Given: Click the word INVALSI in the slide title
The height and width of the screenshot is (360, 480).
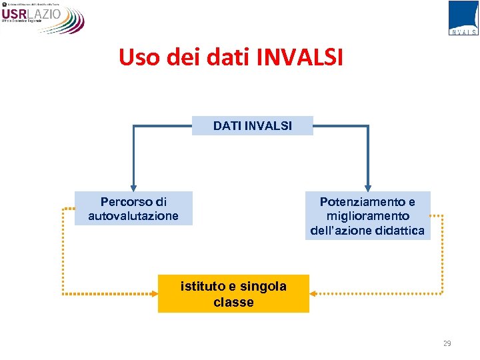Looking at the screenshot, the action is (x=300, y=57).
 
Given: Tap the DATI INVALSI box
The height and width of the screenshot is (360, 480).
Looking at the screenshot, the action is (x=253, y=125).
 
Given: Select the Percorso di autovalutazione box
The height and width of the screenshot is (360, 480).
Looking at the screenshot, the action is (x=133, y=209).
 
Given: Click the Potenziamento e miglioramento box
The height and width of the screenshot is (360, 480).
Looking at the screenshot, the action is (x=367, y=215).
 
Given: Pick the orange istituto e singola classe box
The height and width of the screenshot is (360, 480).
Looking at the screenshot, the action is (x=233, y=294).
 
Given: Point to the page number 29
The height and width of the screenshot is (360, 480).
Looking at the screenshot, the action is (x=447, y=343).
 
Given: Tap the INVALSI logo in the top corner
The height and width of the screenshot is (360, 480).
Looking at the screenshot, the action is (x=463, y=17).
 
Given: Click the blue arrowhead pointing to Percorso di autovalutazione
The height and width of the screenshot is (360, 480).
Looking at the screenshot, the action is (x=133, y=187).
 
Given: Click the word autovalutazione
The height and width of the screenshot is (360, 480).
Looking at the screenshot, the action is (x=133, y=216).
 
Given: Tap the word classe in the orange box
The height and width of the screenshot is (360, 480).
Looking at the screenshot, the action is (x=233, y=302).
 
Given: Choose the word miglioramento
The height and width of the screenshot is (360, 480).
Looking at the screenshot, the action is (x=368, y=216).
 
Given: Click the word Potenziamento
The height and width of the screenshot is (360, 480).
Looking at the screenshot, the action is (x=363, y=201).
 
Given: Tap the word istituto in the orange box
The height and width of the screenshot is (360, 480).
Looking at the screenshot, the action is (x=203, y=287).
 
